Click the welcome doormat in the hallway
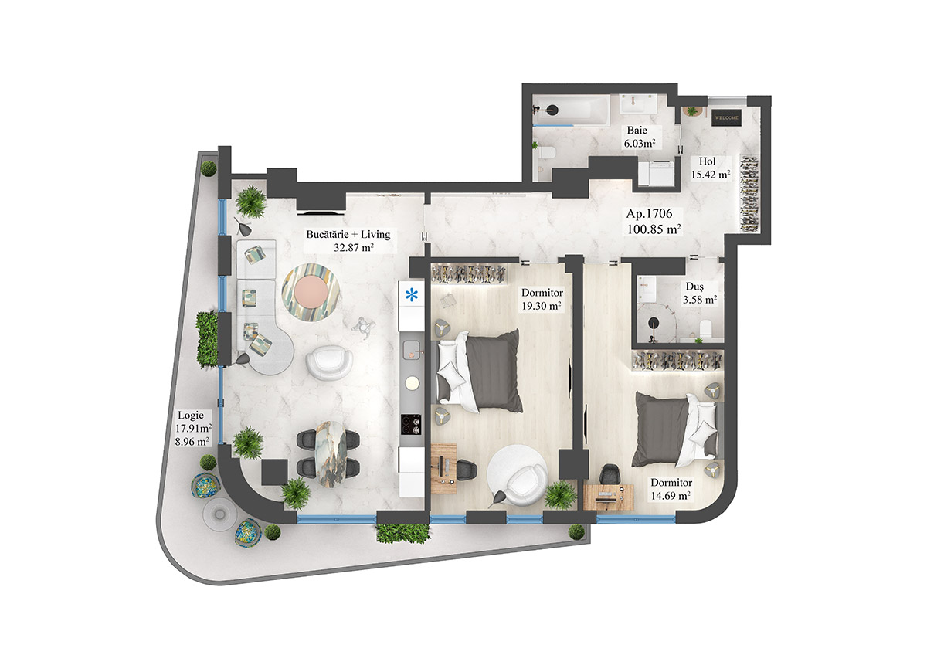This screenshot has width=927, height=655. pyautogui.click(x=726, y=118)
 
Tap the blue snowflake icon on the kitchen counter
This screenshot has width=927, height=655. pyautogui.click(x=412, y=294)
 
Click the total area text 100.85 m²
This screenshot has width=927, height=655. pyautogui.click(x=652, y=229)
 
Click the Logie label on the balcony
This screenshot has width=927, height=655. pyautogui.click(x=189, y=415)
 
